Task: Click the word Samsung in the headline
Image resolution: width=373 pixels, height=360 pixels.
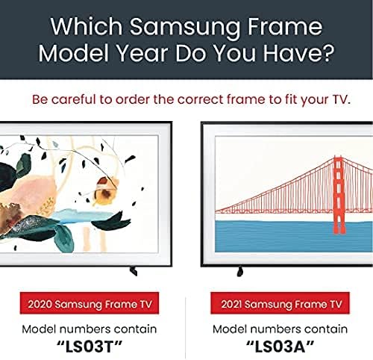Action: point(184,28)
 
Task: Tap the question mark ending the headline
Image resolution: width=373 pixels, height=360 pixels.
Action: point(327,52)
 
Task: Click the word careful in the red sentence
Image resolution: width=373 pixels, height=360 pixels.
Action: point(74,99)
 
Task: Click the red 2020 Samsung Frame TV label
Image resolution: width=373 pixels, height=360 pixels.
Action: point(90,303)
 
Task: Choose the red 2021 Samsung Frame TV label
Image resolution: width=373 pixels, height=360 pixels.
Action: point(280,303)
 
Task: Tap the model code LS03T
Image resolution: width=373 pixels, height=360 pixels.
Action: point(90,346)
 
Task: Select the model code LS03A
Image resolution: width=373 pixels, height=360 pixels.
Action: point(280,346)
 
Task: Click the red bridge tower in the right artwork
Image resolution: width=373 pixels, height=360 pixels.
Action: point(339,195)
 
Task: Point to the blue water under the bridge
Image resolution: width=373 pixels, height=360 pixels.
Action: point(293,236)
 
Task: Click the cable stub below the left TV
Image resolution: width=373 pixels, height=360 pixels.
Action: point(134,271)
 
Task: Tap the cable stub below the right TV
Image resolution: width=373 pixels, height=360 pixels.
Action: point(239,271)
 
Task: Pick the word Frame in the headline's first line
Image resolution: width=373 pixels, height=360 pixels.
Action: point(285,26)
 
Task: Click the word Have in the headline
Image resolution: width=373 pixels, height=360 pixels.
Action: point(290,53)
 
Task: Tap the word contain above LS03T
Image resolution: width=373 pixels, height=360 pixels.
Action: point(135,329)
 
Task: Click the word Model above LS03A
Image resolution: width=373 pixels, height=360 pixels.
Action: point(230,329)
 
